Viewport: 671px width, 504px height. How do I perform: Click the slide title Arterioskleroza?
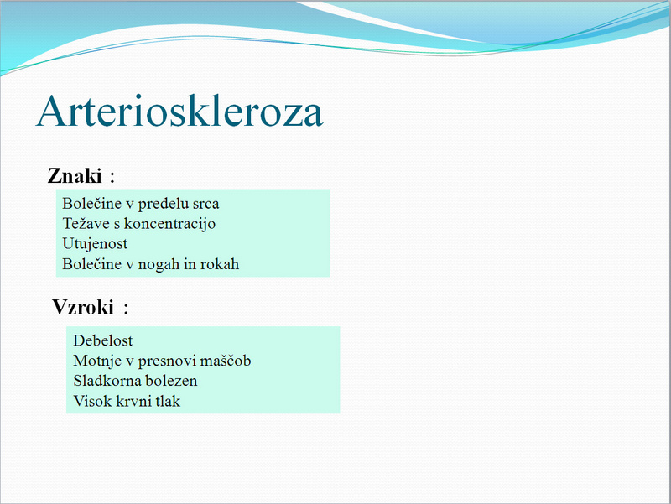coord(179,112)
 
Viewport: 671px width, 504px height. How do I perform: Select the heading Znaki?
coord(75,175)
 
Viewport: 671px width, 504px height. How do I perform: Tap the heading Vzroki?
coord(83,307)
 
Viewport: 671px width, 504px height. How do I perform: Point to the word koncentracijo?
coord(169,224)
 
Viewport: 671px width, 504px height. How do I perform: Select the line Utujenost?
coord(95,244)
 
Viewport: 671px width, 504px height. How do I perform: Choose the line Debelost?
coord(102,340)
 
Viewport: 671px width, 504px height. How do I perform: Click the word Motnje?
coord(97,361)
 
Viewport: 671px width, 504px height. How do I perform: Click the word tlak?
coord(168,401)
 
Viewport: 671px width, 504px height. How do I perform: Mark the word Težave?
coord(86,223)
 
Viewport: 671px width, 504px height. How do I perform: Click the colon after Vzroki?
coord(127,309)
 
